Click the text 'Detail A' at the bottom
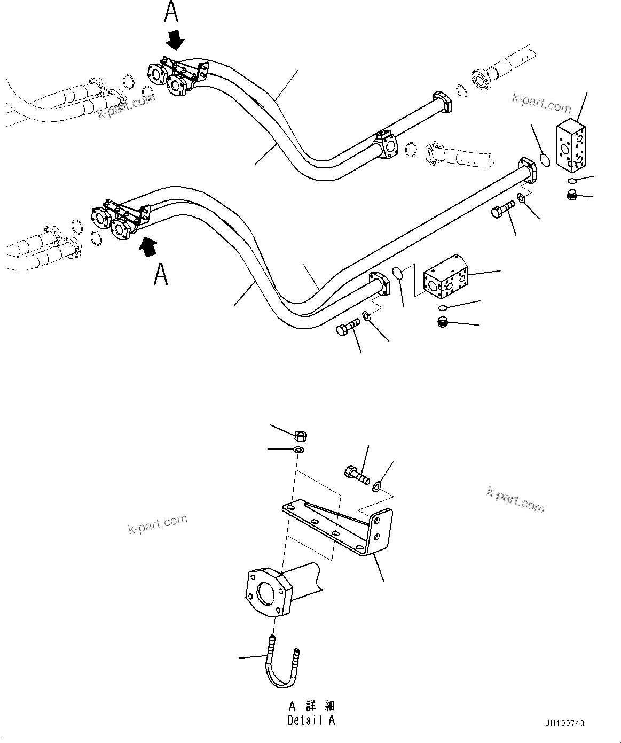coord(311,720)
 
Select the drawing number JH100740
coord(564,724)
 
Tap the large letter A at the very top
coord(171,12)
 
